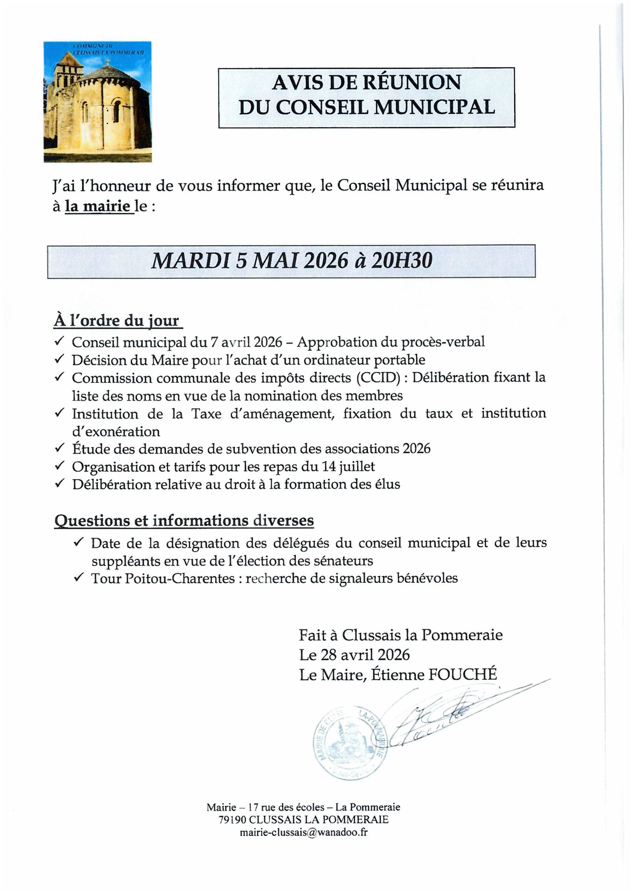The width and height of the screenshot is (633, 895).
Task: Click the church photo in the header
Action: (97, 102)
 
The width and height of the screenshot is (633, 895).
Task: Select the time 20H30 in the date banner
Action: (402, 261)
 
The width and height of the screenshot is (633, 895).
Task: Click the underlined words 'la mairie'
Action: (98, 206)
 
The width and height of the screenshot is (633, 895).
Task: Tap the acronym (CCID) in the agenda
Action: (378, 378)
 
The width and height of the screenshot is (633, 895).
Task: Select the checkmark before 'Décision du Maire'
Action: (59, 359)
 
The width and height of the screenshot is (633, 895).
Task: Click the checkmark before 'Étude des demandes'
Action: (59, 448)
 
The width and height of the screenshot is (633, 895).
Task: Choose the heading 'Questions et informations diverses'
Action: (184, 520)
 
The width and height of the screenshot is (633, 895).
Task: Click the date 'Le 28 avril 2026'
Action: (354, 655)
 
